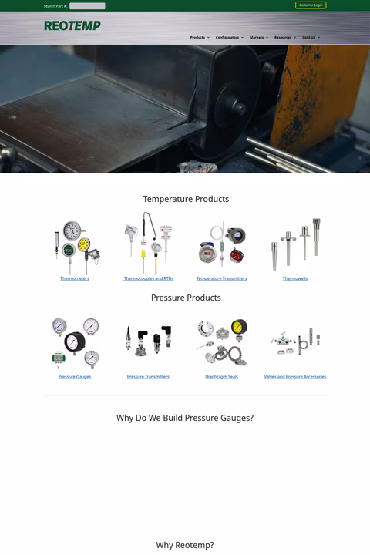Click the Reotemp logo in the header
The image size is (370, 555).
[x=72, y=25]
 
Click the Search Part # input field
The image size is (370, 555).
[x=87, y=6]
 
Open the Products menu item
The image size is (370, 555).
[x=198, y=37]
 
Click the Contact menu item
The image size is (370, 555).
[x=309, y=37]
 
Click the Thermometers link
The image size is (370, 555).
[x=75, y=278]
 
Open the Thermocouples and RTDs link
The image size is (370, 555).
[x=149, y=278]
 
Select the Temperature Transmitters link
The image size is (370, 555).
[x=221, y=278]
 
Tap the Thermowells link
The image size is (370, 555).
[x=295, y=278]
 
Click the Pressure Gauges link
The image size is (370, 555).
[x=75, y=377]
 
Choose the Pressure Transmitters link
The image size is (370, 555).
[x=148, y=377]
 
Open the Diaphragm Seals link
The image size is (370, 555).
[x=221, y=377]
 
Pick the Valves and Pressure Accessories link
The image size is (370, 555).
[x=295, y=377]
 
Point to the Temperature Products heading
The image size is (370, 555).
[x=186, y=199]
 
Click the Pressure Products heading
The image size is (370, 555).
[x=186, y=298]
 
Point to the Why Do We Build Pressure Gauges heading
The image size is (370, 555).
[x=185, y=418]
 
